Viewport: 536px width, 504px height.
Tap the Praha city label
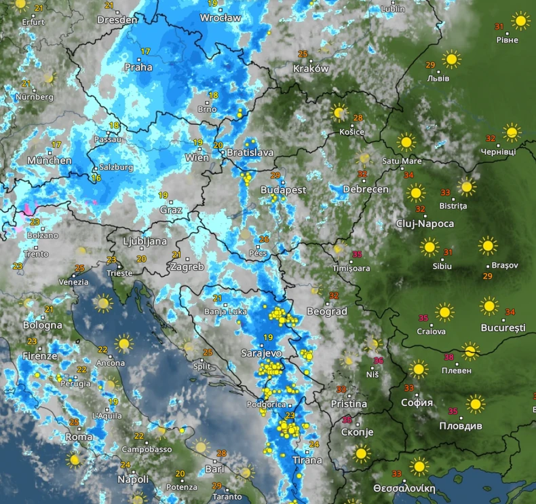(138, 67)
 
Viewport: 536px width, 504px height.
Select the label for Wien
(197, 158)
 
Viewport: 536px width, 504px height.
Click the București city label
(503, 327)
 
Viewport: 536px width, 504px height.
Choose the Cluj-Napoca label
(426, 223)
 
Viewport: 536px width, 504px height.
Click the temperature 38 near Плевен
(448, 357)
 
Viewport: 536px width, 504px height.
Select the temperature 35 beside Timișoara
(358, 255)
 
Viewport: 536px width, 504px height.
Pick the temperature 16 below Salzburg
(96, 178)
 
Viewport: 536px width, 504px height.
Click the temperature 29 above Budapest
(275, 175)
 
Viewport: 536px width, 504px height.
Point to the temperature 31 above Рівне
(499, 26)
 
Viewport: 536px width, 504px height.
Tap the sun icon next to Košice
(339, 112)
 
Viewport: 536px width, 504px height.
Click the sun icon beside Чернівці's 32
(512, 132)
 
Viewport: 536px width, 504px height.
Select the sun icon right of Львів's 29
(451, 60)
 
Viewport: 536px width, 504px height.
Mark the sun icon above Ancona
(123, 343)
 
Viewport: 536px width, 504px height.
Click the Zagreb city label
(187, 267)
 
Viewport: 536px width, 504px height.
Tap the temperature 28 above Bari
(221, 453)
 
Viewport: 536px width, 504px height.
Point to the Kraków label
(311, 69)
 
